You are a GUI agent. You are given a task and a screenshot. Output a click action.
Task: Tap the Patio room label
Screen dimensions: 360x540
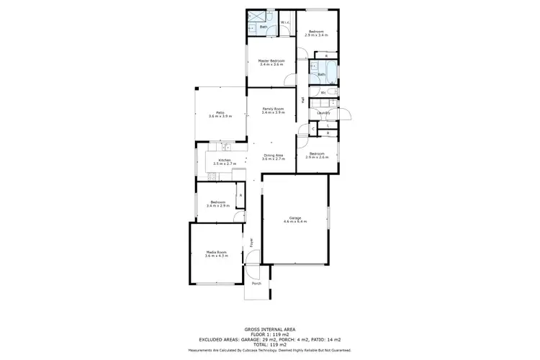tap(215, 112)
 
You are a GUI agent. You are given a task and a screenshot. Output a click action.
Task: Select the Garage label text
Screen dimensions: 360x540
tap(294, 217)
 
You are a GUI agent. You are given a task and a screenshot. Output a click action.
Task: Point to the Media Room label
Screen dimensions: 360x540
tap(216, 252)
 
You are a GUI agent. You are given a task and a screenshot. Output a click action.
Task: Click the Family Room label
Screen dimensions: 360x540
tap(273, 109)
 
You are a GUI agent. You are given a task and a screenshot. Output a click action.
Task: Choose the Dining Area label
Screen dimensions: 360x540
tap(273, 155)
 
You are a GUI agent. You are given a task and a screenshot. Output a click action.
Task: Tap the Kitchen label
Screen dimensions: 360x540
tap(225, 160)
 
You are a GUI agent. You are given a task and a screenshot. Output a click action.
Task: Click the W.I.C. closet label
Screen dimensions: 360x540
tap(284, 22)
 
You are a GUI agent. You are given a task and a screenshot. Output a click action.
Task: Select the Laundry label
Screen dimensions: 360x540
tap(323, 112)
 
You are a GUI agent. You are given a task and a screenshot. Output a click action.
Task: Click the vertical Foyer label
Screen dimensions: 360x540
tap(252, 243)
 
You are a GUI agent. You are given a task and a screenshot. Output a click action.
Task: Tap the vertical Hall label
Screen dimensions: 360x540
tap(304, 99)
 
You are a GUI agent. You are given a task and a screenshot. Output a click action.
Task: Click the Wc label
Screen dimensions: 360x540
tap(323, 92)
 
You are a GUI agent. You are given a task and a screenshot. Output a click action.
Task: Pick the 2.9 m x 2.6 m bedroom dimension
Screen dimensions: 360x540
tap(318, 156)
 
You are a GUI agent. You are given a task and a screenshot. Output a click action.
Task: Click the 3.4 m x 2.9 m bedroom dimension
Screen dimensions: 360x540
tap(217, 206)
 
